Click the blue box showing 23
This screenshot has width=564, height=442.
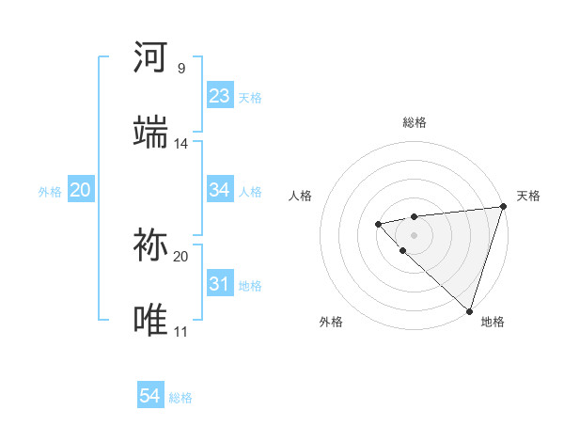click(x=220, y=96)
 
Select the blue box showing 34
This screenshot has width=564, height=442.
click(x=220, y=190)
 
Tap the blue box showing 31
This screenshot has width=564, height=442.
click(x=220, y=284)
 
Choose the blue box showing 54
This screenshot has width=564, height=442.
click(x=150, y=396)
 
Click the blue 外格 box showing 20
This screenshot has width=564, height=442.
click(x=80, y=190)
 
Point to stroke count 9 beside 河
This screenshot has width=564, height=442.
click(x=180, y=69)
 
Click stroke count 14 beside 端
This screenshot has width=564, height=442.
click(x=180, y=144)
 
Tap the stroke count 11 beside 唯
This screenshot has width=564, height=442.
click(x=180, y=332)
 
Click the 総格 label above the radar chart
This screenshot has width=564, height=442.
click(x=415, y=122)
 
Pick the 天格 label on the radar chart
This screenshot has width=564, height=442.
click(x=528, y=196)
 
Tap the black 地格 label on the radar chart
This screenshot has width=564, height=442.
click(x=493, y=322)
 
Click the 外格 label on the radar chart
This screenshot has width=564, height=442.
click(x=331, y=322)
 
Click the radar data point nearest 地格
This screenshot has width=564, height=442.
click(x=469, y=310)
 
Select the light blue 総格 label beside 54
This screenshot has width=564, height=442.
click(x=180, y=398)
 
